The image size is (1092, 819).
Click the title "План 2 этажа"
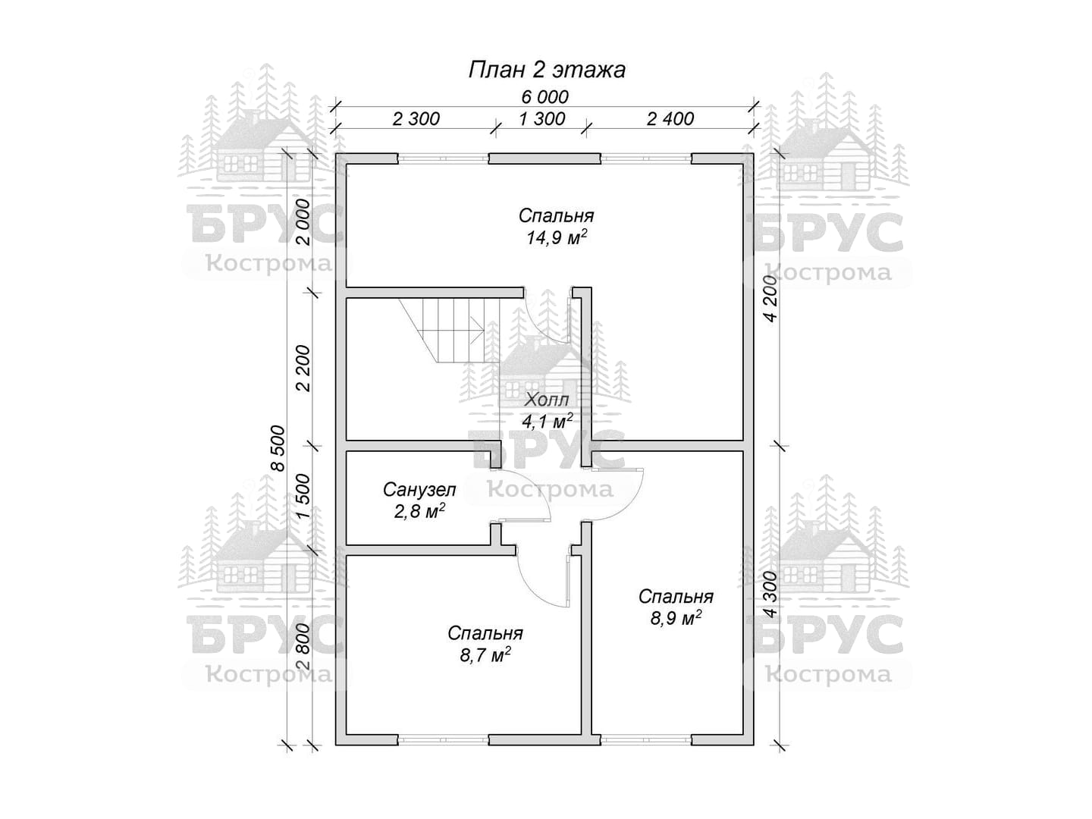pyautogui.click(x=546, y=70)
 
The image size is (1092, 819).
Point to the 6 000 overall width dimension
pyautogui.click(x=544, y=96)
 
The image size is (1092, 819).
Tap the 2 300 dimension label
pyautogui.click(x=416, y=119)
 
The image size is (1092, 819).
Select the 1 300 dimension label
pyautogui.click(x=541, y=119)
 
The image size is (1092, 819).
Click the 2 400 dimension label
pyautogui.click(x=670, y=119)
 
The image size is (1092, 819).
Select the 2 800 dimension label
pyautogui.click(x=303, y=646)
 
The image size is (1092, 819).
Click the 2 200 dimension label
pyautogui.click(x=303, y=369)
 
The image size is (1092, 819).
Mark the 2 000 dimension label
pyautogui.click(x=303, y=222)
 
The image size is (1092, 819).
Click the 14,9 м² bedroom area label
pyautogui.click(x=556, y=237)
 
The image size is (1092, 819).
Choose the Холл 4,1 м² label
pyautogui.click(x=547, y=411)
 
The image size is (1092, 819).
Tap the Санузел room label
pyautogui.click(x=419, y=490)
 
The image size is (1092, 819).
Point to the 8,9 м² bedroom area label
pyautogui.click(x=676, y=618)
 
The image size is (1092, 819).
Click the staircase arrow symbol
pyautogui.click(x=478, y=330)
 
